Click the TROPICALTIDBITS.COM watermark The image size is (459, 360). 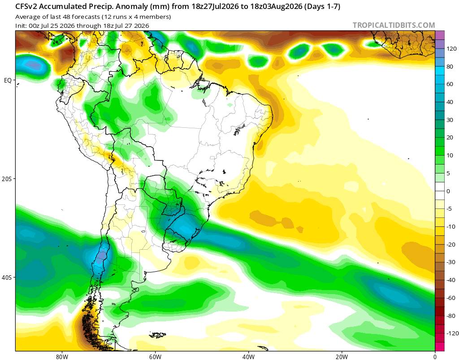[394, 25]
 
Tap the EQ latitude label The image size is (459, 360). [8, 80]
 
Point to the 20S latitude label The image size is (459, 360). [7, 179]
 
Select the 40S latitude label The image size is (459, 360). [7, 277]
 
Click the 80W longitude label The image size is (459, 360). [62, 357]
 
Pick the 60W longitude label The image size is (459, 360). [155, 357]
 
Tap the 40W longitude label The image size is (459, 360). [248, 357]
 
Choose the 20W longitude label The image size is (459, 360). [342, 357]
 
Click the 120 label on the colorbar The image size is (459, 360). [451, 48]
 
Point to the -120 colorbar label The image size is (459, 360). [452, 334]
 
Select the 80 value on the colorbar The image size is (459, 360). [450, 66]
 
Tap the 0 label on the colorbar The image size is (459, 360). [448, 191]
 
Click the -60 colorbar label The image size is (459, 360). [451, 298]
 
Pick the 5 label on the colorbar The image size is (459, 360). [448, 173]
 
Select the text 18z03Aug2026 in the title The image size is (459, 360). [276, 6]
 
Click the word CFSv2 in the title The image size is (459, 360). [26, 6]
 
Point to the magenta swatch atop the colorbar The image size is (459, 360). [440, 35]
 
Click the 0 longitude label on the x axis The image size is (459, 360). [435, 357]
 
